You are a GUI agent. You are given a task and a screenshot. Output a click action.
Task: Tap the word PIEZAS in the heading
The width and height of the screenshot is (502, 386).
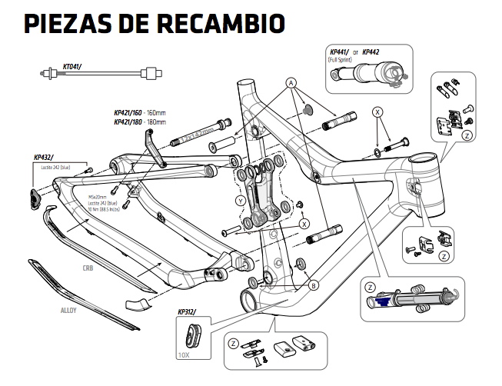click(x=66, y=23)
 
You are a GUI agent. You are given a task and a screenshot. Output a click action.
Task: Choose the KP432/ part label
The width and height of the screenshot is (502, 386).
click(x=44, y=157)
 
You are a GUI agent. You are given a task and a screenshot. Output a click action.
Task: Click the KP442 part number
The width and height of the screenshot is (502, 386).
click(x=371, y=52)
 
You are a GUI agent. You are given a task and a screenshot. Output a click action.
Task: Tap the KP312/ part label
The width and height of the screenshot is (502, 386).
click(x=187, y=311)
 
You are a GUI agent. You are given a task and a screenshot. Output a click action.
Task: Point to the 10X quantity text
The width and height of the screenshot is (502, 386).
click(x=183, y=356)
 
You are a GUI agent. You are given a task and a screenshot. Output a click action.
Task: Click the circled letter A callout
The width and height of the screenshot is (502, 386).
click(x=291, y=82)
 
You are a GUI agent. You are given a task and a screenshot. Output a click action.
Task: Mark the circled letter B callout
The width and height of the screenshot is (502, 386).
click(x=313, y=285)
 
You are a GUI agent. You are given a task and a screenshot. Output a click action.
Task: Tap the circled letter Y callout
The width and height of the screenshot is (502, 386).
click(x=241, y=201)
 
